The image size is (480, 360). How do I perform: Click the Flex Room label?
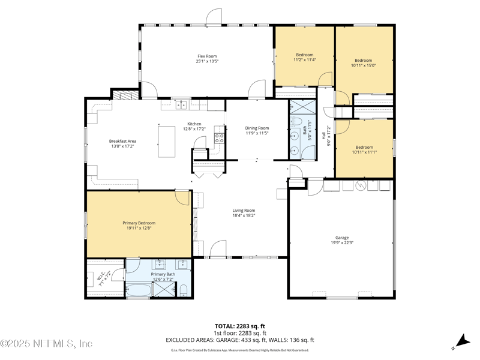pos(206,56)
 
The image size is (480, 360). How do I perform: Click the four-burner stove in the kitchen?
pos(220,139)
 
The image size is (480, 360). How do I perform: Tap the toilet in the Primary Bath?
pos(184,292)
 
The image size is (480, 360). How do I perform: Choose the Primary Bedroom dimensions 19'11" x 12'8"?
pos(139,228)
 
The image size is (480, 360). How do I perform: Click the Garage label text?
pos(342,238)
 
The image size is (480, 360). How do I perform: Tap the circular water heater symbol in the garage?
pos(361,185)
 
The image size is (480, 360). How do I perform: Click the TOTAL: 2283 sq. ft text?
pos(240,326)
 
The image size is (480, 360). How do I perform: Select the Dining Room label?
pos(257,128)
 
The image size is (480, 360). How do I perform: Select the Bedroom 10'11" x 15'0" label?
pos(363,61)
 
